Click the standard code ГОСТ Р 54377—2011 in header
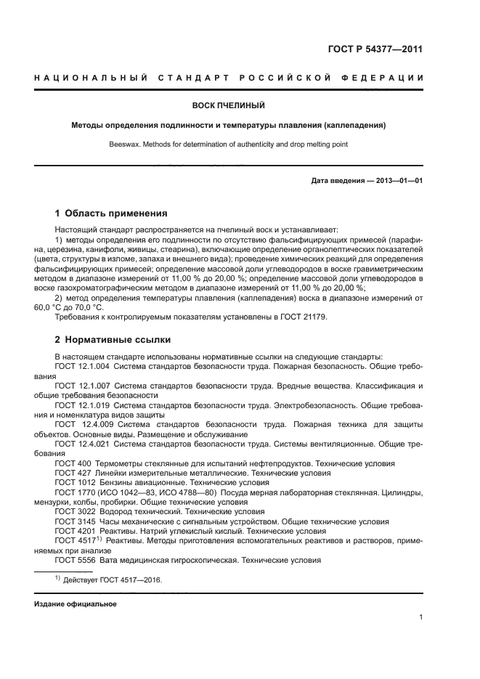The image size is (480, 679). [375, 49]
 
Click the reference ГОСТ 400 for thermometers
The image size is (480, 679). [70, 463]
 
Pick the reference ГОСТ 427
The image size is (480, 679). [70, 472]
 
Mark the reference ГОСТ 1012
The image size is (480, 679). [73, 482]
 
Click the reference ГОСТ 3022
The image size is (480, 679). [73, 511]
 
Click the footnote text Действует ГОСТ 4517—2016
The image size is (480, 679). [113, 580]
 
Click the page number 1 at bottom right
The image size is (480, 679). [420, 617]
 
